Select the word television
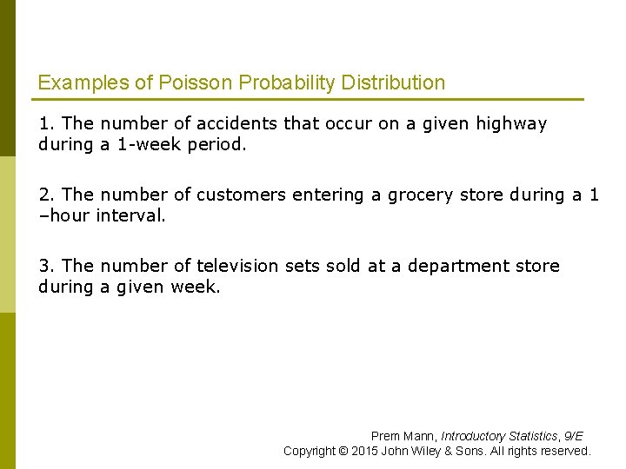(242, 267)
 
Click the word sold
(343, 267)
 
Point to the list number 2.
(44, 195)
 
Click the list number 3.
(44, 267)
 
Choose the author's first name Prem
(385, 436)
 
